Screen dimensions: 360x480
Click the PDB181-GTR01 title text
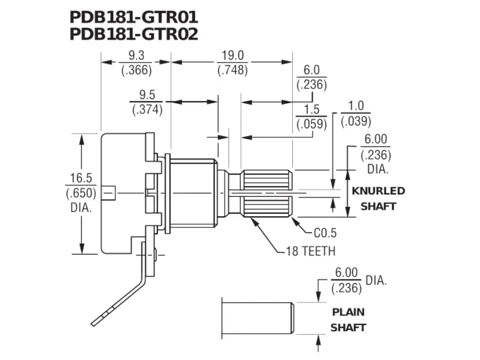[x=133, y=16]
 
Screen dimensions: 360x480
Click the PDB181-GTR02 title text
[x=133, y=34]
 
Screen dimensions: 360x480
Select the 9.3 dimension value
[x=136, y=56]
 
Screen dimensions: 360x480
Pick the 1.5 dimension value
[x=311, y=110]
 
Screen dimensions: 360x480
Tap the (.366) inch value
[x=136, y=70]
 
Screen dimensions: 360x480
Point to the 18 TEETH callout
[x=310, y=251]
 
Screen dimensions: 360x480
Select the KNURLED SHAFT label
[x=378, y=199]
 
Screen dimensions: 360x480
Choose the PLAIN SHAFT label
[x=349, y=320]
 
